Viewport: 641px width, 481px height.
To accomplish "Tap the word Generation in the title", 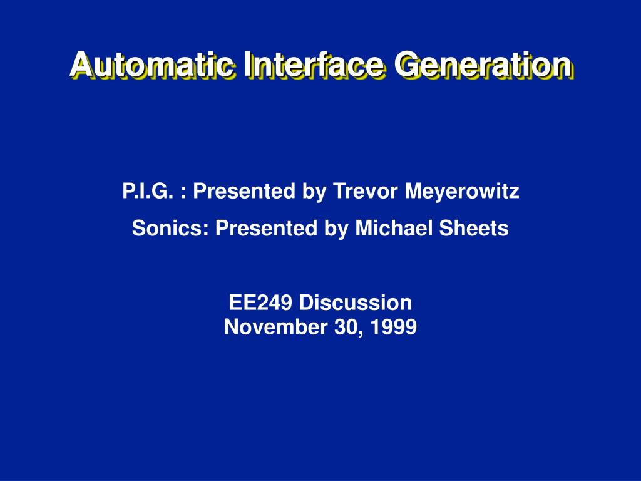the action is pos(483,65).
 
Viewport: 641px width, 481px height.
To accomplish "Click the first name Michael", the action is pos(394,228).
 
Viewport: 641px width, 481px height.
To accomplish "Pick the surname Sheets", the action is pos(474,228).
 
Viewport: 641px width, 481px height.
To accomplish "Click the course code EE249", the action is pos(261,303).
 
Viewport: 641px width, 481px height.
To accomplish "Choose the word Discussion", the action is pos(356,303).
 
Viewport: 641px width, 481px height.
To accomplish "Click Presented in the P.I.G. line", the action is pos(244,191).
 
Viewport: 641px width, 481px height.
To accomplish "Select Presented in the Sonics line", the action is pos(266,228).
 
